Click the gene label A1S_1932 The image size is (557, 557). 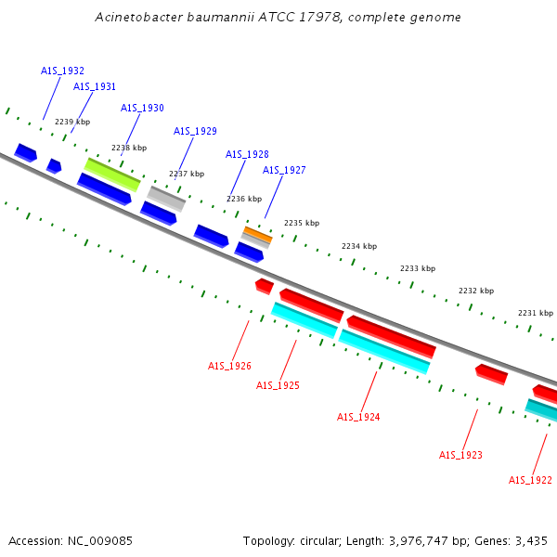point(62,71)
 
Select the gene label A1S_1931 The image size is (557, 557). point(95,86)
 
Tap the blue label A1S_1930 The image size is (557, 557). point(142,108)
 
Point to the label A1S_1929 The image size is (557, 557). point(195,131)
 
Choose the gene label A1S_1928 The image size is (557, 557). point(247,154)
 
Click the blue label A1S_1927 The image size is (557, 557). point(284,170)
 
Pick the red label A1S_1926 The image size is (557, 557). point(229,366)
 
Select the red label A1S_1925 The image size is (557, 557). point(278,385)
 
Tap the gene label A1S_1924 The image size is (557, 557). point(358,417)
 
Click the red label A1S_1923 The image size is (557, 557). point(460,455)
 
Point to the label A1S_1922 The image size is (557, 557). point(530,480)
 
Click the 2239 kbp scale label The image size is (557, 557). point(72,122)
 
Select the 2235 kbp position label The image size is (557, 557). point(301,223)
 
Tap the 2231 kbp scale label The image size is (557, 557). point(536,313)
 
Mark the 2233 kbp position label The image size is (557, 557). point(418,268)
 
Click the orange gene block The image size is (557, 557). point(257,233)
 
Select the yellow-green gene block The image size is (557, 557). point(112,174)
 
